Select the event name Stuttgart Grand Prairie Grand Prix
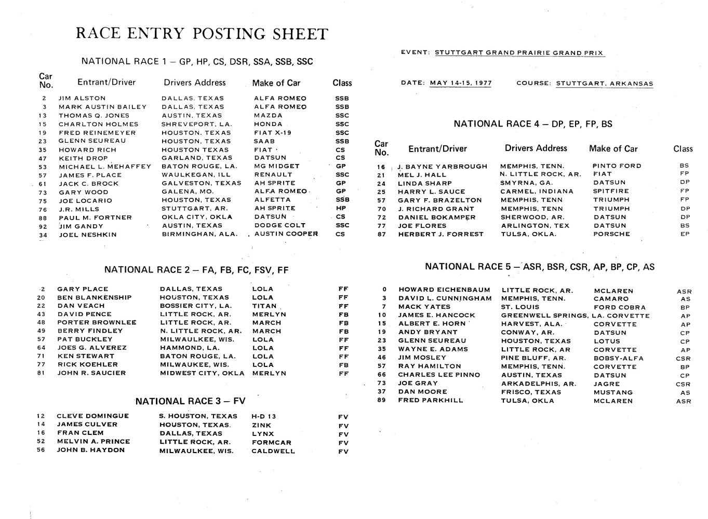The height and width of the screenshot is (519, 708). (x=519, y=52)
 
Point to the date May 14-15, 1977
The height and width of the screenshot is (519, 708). (x=461, y=83)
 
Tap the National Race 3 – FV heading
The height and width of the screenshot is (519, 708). (x=191, y=401)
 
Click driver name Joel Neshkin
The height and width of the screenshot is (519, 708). (x=88, y=235)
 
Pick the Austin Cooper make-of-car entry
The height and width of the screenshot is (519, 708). (x=286, y=234)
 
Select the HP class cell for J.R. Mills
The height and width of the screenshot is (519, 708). (x=341, y=208)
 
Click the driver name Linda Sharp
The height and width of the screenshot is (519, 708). (x=418, y=183)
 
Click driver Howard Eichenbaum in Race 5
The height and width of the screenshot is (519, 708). (x=444, y=290)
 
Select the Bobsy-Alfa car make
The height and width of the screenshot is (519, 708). (x=618, y=358)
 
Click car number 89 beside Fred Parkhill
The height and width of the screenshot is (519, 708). (x=382, y=400)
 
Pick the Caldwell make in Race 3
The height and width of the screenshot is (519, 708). (x=273, y=451)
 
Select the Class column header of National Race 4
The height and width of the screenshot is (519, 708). (x=683, y=149)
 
